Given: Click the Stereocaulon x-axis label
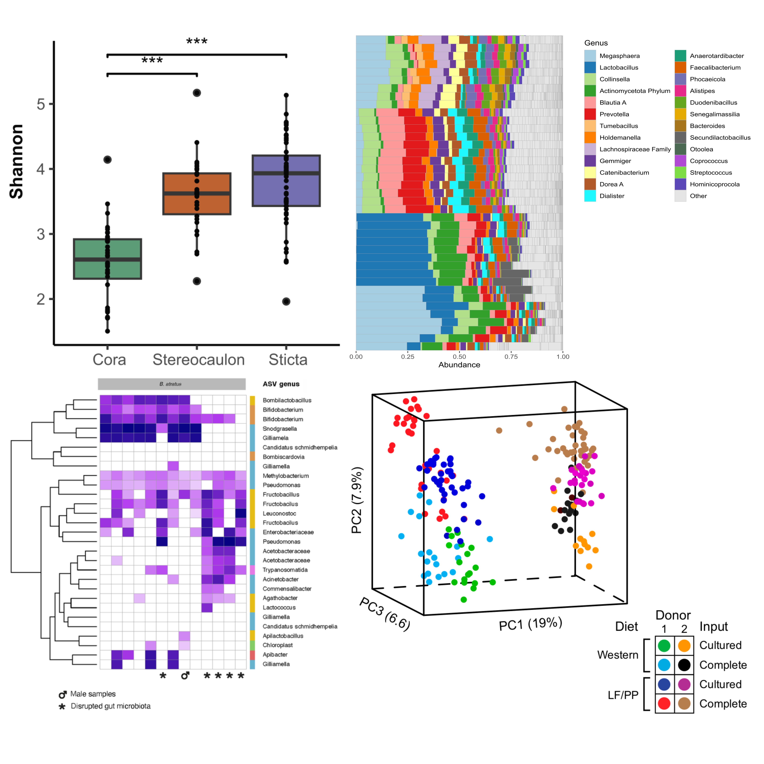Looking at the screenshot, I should coord(199,360).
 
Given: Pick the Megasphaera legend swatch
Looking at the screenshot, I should coord(590,56).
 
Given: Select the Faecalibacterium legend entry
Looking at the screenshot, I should coord(715,68).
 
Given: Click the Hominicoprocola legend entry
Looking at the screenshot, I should coord(714,184).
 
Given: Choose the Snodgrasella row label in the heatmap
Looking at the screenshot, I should coord(280,429).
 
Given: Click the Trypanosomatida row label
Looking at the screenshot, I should coord(285,570).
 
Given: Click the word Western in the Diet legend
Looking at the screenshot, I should coord(618,655).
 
